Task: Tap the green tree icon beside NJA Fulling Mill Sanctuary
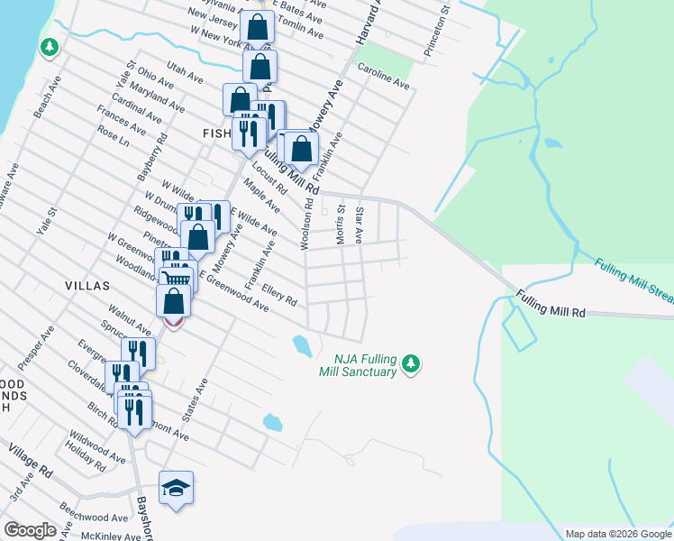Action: (411, 362)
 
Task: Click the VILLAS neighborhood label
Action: (87, 285)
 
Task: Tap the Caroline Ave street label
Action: (383, 77)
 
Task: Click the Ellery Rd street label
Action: (280, 295)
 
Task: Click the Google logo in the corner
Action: (30, 530)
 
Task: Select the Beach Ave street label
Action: (45, 104)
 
